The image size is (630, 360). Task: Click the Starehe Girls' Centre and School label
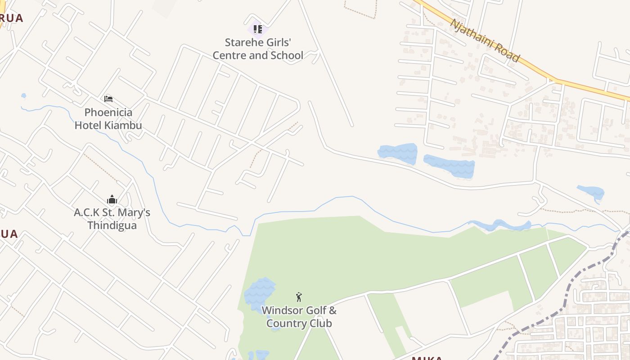tap(258, 49)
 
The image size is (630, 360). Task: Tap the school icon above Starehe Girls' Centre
tap(257, 29)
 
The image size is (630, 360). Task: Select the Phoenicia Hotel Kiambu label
tap(108, 119)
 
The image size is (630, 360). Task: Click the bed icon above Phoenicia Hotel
tap(108, 99)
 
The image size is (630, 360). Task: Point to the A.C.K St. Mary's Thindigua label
tap(112, 219)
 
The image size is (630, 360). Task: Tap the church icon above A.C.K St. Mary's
tap(112, 199)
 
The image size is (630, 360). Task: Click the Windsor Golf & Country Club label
tap(299, 317)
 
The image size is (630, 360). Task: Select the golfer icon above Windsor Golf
tap(299, 297)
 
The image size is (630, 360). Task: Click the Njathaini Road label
tap(485, 40)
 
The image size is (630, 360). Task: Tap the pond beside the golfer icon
tap(260, 292)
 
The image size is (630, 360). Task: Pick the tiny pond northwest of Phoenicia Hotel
tap(23, 96)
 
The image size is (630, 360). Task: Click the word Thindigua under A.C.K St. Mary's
tap(112, 225)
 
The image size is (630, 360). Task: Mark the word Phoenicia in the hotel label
tap(108, 112)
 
